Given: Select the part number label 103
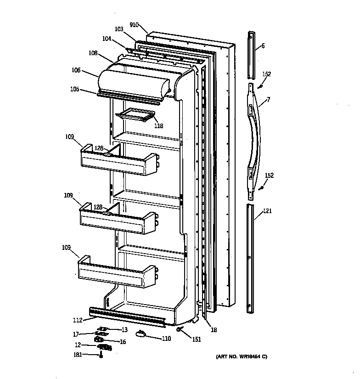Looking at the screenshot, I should pos(119,29).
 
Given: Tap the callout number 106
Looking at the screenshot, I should pos(76,70).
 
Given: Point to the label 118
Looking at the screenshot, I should pos(158,126).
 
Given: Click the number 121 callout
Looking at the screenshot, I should pos(267,212).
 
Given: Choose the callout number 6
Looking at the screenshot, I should pos(263,45).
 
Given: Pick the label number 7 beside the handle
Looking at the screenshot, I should pos(268,99).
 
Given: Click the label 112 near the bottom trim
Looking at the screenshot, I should pos(78,320).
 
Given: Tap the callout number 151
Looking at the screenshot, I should pos(197,339).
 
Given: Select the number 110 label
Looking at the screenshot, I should pos(166,339).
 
